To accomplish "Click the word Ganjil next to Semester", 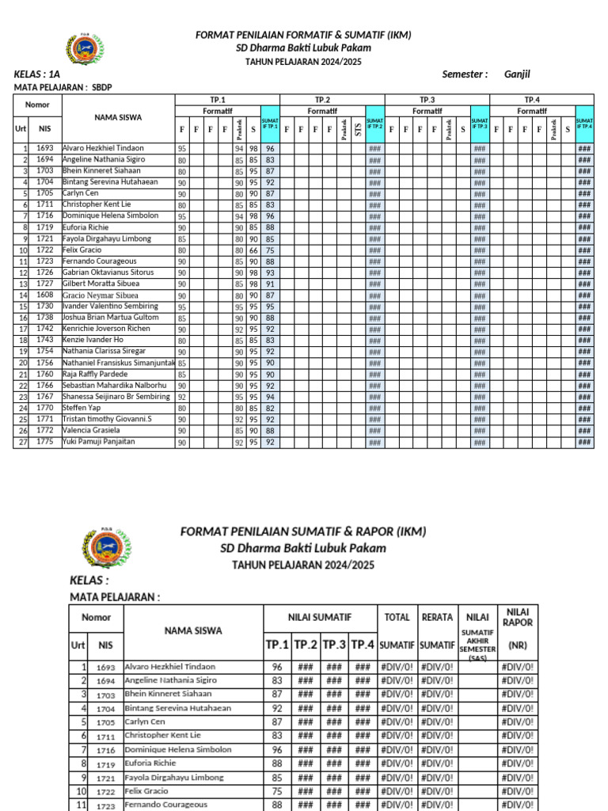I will click(517, 74).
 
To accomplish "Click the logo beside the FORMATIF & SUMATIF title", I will click(84, 49).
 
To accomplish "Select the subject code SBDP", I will click(102, 87).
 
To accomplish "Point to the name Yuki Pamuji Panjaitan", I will click(98, 442).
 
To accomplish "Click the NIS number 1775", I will click(44, 442).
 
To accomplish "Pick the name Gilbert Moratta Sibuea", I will click(100, 284).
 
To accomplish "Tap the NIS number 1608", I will click(44, 295).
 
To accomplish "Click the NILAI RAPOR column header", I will click(518, 616).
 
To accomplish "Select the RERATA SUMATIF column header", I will click(437, 630).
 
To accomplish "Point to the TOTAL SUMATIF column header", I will click(397, 630).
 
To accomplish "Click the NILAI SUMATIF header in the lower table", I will click(319, 616).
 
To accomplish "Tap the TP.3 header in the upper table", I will click(427, 100).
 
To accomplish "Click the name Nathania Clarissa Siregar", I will click(104, 351).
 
